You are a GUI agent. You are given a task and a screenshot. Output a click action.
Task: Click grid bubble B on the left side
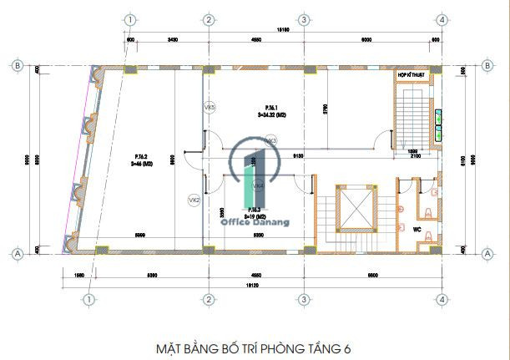pos(17,64)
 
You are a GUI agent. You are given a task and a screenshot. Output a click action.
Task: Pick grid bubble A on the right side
pos(487,251)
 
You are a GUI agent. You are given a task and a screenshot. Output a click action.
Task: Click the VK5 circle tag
pos(210,107)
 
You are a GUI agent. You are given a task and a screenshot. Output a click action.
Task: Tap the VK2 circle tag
pos(194,200)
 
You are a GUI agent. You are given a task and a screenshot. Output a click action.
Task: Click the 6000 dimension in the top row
pos(366,39)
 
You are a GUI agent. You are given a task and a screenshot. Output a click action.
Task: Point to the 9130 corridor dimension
pos(297,155)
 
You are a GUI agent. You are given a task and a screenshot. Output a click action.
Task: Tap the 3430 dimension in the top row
pos(172,39)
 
